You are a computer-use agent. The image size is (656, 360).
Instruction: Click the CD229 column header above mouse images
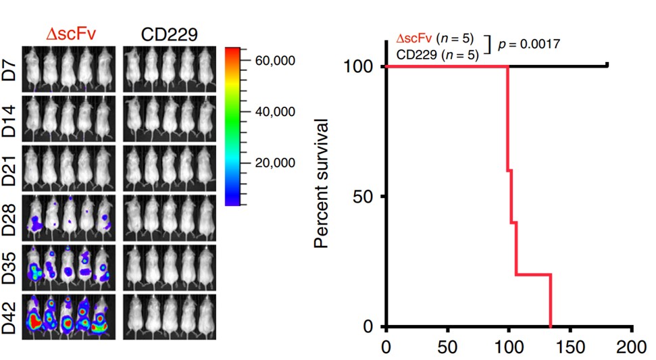[169, 34]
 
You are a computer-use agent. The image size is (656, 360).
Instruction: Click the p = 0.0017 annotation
[529, 44]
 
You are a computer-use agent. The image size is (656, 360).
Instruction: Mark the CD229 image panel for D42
[170, 316]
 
